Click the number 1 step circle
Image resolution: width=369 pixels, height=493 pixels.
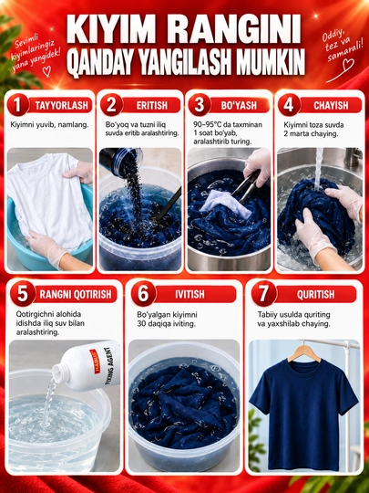coord(18,105)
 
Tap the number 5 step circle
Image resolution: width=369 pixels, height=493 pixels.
coord(23,294)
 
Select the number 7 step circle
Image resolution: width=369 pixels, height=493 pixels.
coord(264,294)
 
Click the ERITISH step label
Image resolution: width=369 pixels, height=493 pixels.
coord(152,105)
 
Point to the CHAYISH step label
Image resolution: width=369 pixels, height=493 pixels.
coord(331,105)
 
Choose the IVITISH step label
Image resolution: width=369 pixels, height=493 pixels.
coord(190,294)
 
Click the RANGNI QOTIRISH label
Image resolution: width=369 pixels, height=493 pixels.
coord(76,294)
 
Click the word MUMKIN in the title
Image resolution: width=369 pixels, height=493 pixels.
coord(271,62)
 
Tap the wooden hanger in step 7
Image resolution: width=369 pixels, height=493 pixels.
coord(303,351)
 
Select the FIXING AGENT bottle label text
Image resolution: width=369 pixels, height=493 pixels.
coord(107,366)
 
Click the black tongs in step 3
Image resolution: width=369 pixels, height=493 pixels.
coord(246,186)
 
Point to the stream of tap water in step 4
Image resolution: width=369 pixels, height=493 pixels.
coord(319,170)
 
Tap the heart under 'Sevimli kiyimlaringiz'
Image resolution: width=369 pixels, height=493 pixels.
coord(46,71)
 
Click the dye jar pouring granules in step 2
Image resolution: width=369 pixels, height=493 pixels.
coord(121,161)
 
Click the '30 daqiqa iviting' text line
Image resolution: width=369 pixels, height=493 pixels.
coord(167,323)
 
